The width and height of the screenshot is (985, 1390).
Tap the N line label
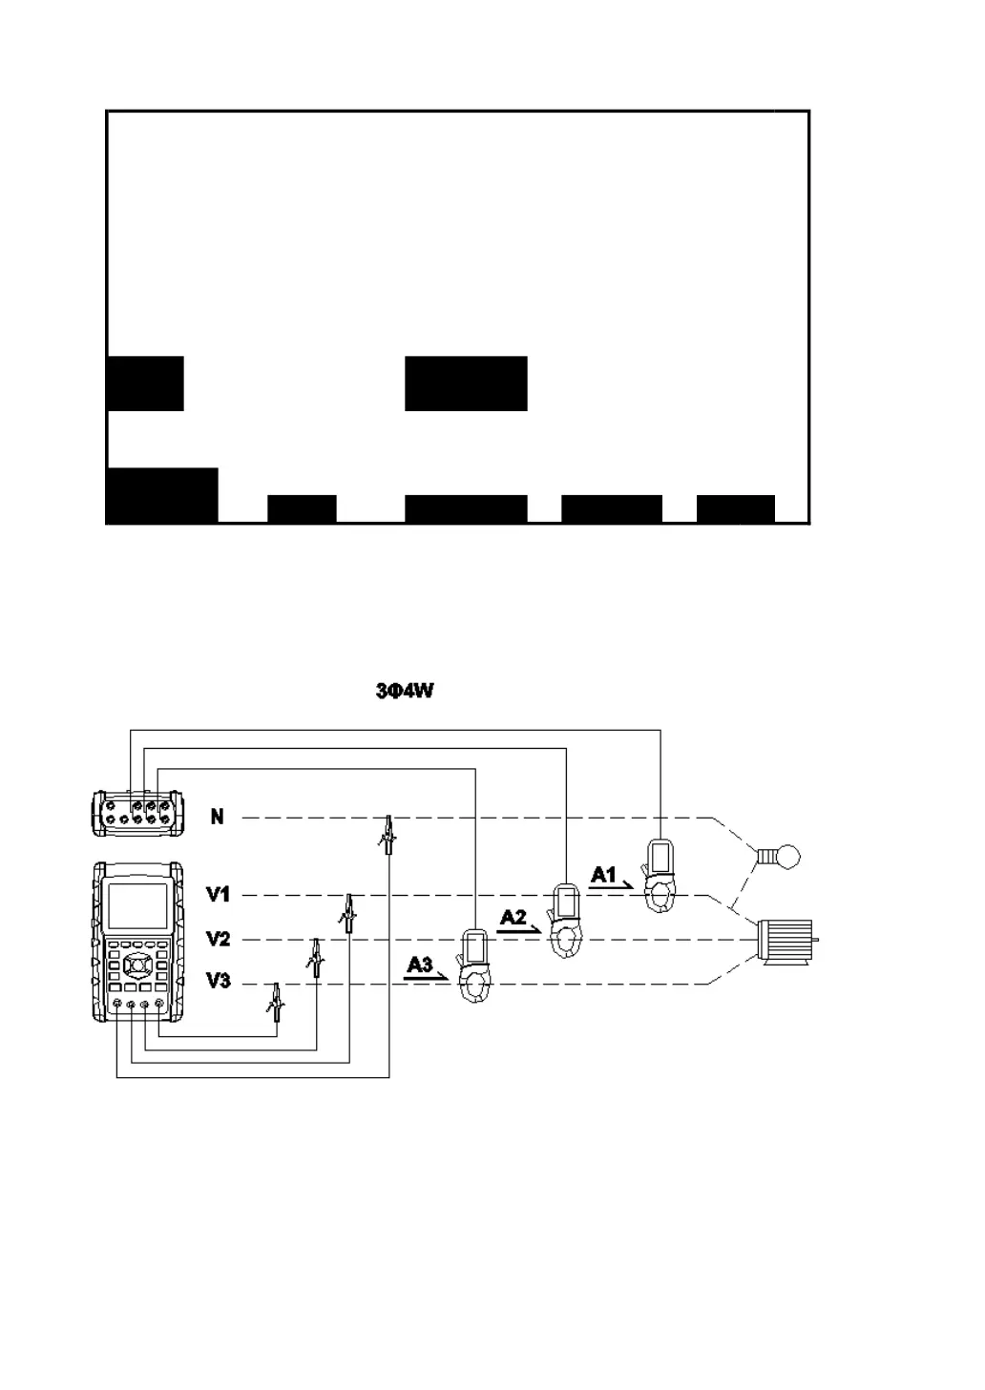[218, 817]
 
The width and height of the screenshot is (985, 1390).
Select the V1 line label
[218, 895]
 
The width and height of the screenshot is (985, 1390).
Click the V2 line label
[218, 939]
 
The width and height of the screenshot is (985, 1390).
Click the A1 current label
[604, 874]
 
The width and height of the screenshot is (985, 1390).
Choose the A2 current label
[513, 918]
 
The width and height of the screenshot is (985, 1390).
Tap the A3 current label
[420, 965]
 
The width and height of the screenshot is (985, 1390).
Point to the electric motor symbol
[785, 939]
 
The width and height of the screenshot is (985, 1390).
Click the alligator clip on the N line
[387, 835]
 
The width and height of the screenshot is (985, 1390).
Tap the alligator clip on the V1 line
[348, 913]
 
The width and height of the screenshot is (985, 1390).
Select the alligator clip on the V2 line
[313, 957]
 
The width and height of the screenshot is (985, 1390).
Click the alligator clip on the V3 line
[275, 1001]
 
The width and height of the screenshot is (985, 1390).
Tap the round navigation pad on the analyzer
[136, 965]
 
